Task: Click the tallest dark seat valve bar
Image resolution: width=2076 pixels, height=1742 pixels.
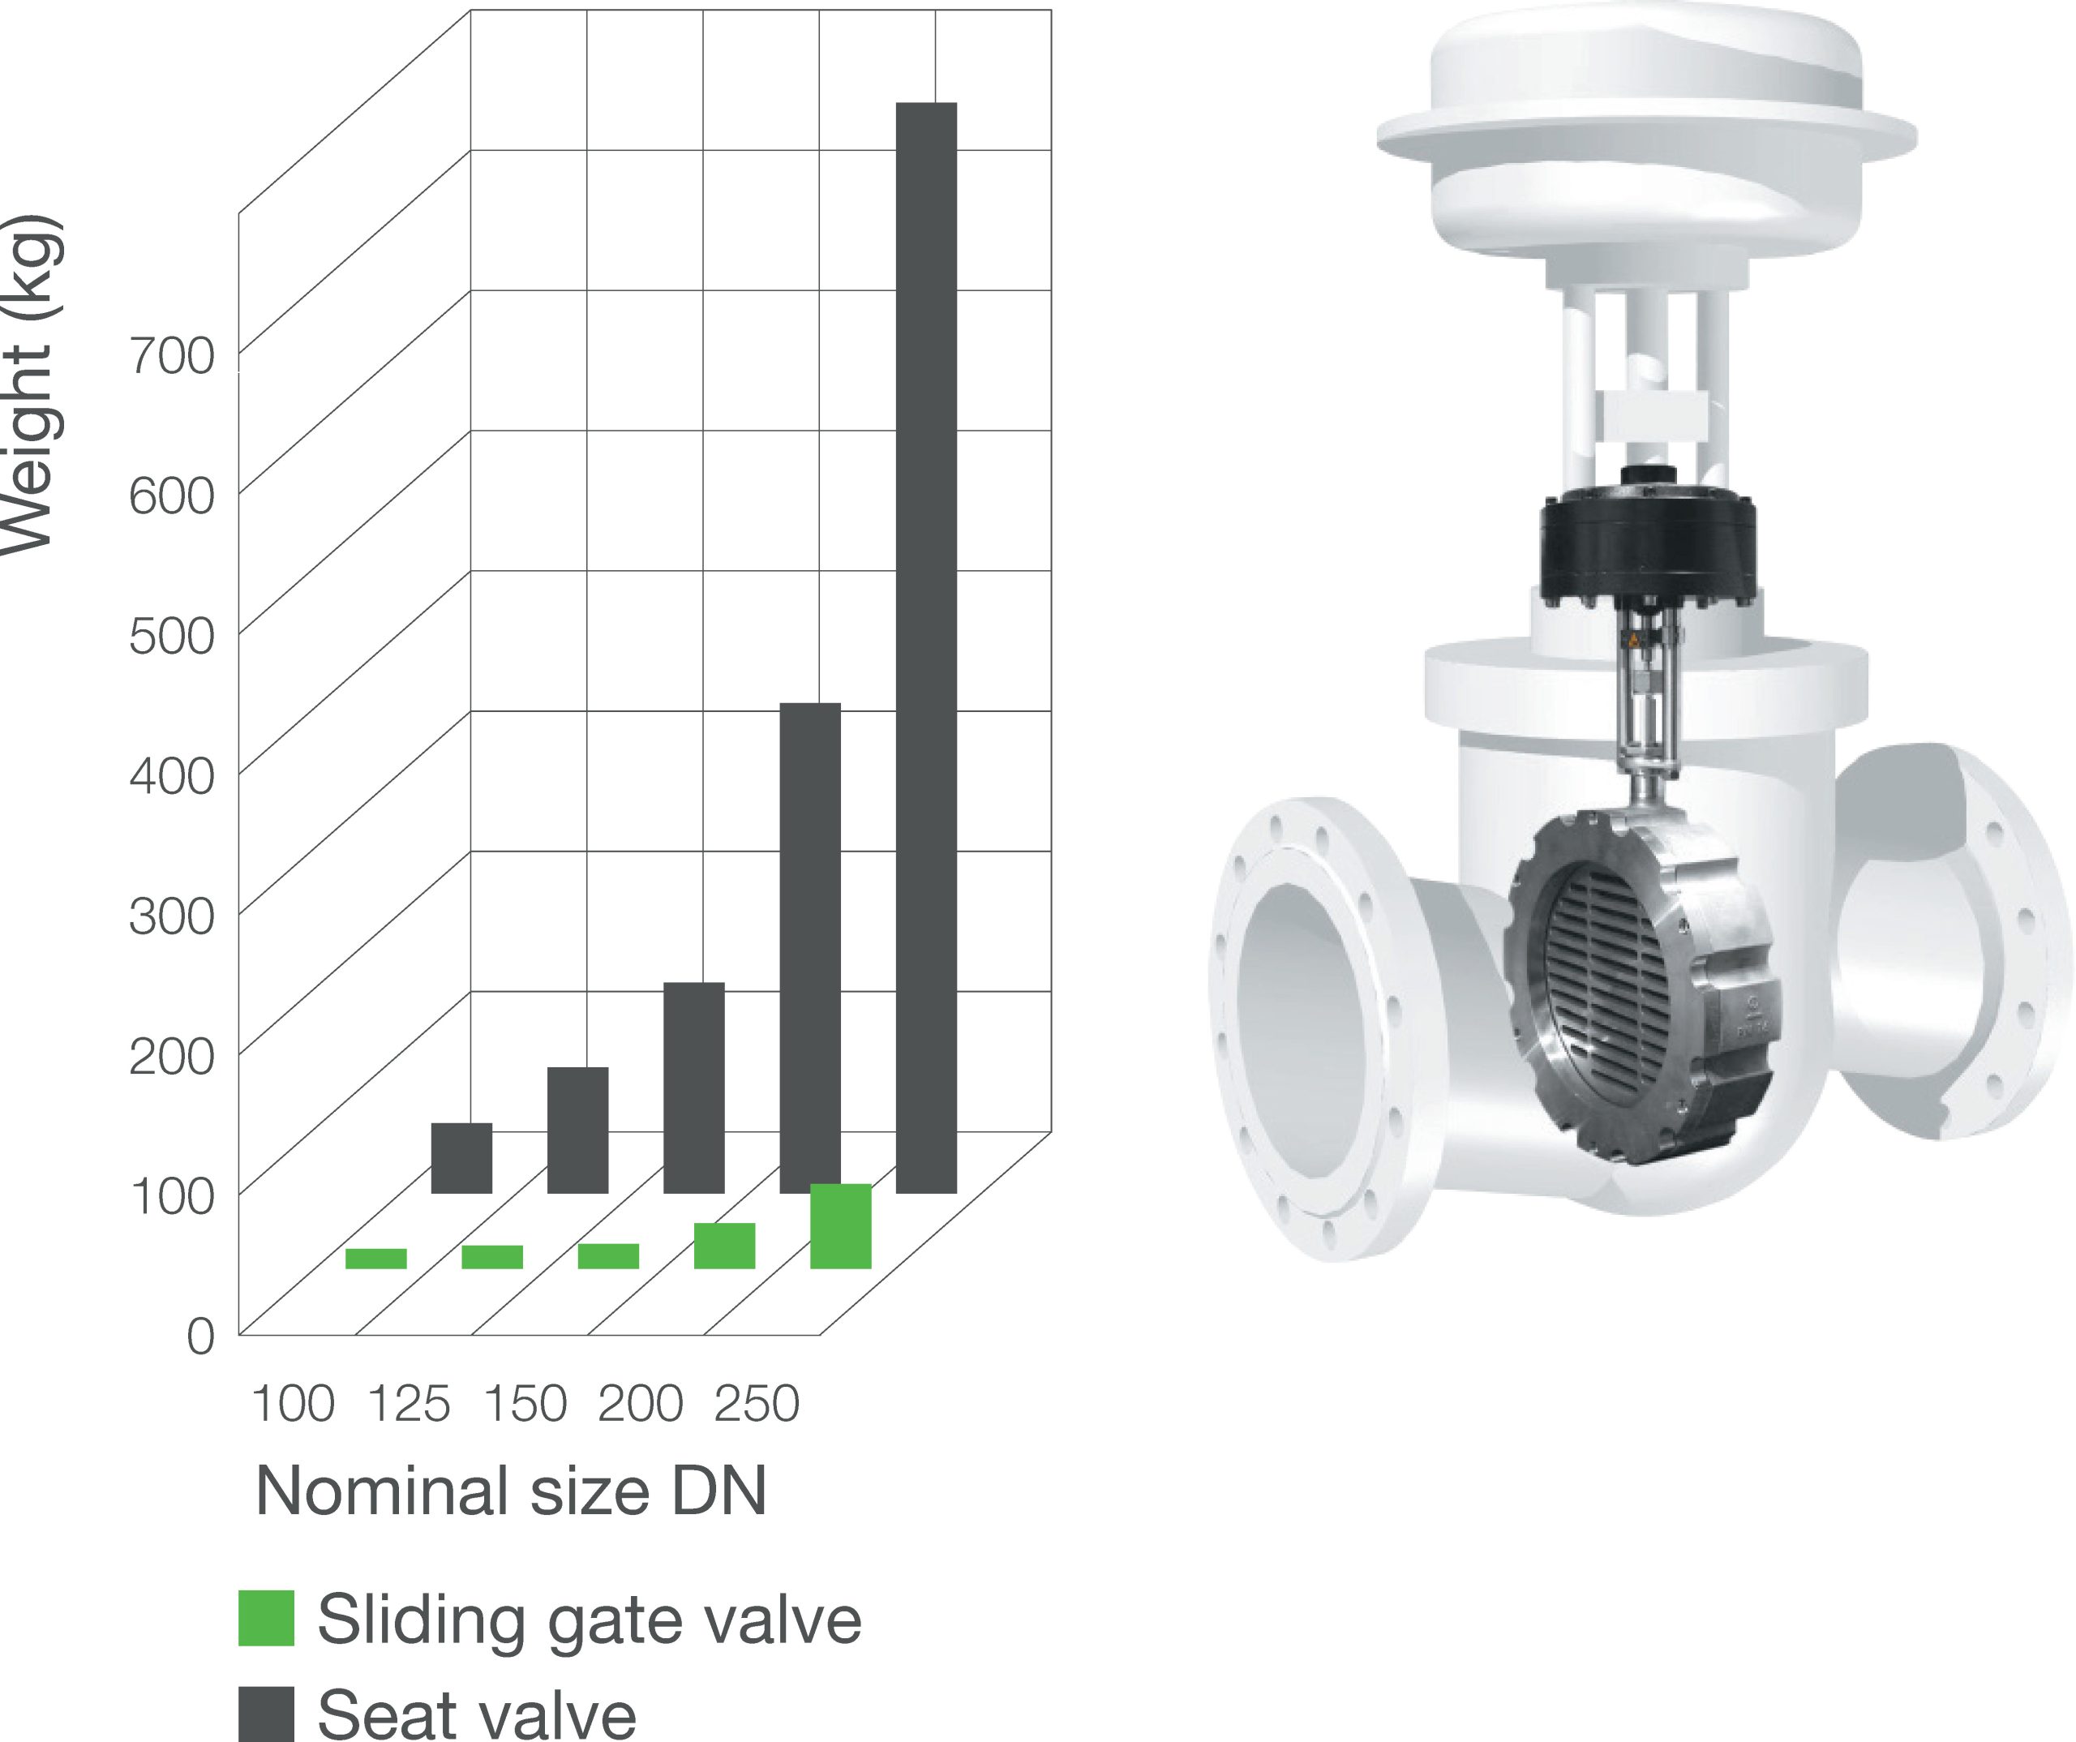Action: pyautogui.click(x=926, y=647)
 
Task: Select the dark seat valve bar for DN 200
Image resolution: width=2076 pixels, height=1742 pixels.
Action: pyautogui.click(x=809, y=947)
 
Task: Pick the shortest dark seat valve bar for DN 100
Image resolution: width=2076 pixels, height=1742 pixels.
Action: pyautogui.click(x=461, y=1158)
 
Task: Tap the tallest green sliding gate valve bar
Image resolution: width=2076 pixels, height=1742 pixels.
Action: pyautogui.click(x=840, y=1226)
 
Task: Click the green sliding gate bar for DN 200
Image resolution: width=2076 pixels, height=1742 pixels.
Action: pyautogui.click(x=725, y=1246)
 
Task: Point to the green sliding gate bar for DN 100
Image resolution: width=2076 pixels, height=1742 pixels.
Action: pyautogui.click(x=375, y=1259)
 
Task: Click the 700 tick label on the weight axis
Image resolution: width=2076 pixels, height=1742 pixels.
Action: pyautogui.click(x=171, y=356)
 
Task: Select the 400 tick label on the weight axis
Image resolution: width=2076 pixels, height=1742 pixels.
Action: pyautogui.click(x=171, y=776)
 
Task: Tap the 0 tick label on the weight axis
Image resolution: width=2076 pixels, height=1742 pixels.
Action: pyautogui.click(x=200, y=1337)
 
